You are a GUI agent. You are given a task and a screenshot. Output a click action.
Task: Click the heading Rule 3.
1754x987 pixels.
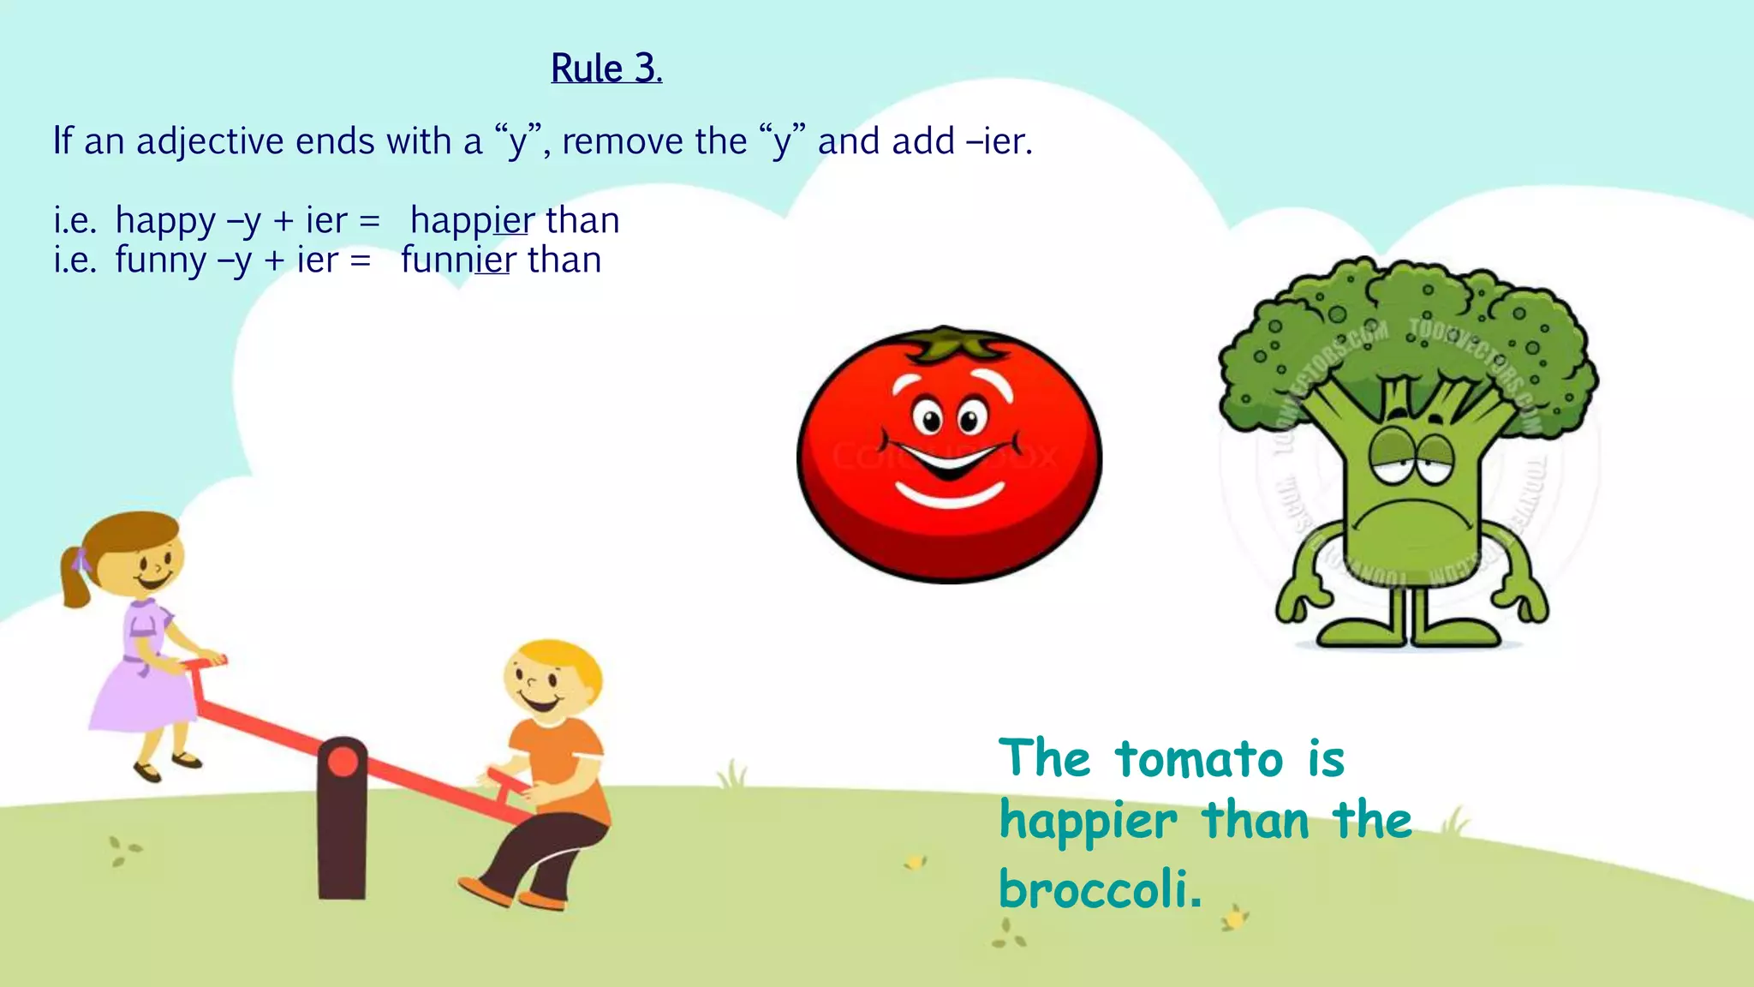[x=606, y=69]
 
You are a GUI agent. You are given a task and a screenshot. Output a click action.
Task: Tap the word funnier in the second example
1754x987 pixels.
[x=458, y=260]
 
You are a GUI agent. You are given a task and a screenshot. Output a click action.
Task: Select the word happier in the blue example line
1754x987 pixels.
[x=472, y=221]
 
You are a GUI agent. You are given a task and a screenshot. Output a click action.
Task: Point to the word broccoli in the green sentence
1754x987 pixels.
[x=1100, y=888]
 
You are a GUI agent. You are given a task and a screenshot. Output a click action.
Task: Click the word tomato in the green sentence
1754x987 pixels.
[x=1199, y=759]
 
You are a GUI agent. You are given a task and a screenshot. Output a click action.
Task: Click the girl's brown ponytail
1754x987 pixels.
[x=75, y=578]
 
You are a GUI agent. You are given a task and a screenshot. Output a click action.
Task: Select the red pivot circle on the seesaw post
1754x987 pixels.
[x=343, y=762]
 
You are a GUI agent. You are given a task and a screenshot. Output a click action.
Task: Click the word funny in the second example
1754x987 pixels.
[x=160, y=260]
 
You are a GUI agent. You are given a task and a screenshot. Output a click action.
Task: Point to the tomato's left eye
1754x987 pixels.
[x=928, y=421]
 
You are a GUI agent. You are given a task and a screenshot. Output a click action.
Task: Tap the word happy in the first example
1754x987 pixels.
[x=165, y=221]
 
